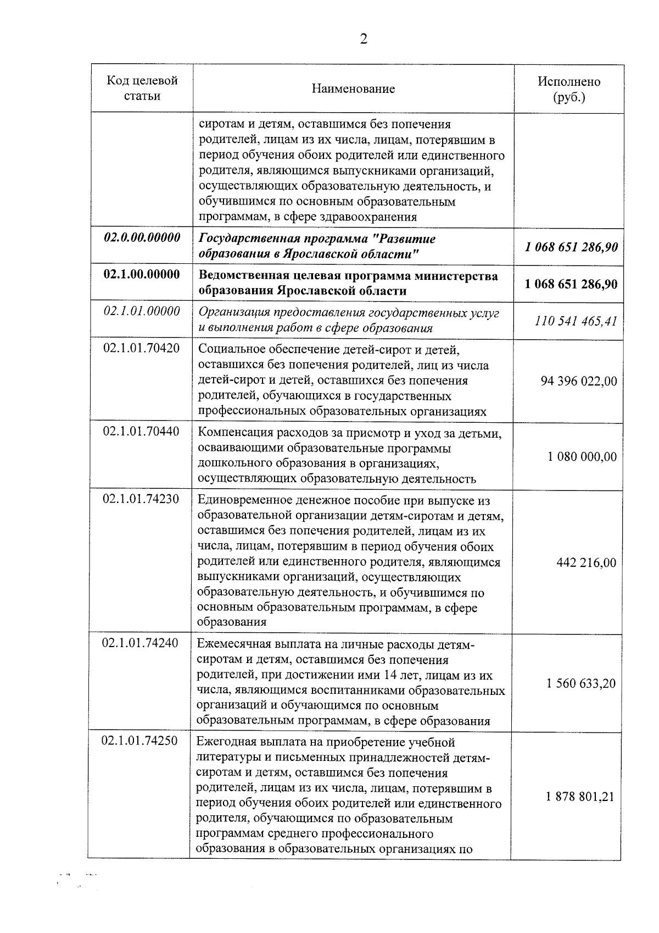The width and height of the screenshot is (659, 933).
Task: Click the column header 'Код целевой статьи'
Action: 142,89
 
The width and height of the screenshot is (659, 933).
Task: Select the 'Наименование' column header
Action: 353,89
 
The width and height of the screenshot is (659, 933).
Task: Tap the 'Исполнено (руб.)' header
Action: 568,89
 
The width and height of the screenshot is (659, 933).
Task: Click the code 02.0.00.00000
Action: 142,238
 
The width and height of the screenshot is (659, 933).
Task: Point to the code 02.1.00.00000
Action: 142,274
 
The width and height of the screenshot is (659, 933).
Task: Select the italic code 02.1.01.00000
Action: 142,312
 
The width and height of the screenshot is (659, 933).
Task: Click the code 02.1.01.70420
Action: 142,348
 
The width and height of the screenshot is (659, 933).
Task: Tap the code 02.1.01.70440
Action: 142,432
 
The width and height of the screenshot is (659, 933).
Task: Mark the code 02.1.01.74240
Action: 141,643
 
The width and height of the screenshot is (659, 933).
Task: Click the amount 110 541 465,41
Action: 576,321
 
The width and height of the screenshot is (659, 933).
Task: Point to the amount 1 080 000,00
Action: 582,457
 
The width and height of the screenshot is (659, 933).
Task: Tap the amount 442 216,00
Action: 586,562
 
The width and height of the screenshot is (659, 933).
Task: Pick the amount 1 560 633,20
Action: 581,683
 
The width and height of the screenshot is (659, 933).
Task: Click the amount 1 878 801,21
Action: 580,797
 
